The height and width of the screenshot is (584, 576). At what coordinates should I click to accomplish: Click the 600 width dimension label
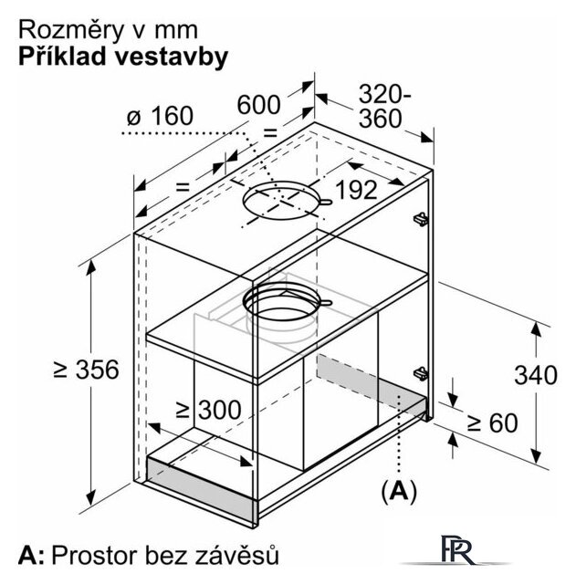point(258,105)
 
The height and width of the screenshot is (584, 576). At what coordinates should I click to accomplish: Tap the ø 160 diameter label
point(161,116)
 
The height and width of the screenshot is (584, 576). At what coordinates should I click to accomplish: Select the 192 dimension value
point(356,190)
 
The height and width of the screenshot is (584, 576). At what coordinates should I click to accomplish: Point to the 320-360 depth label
point(384,106)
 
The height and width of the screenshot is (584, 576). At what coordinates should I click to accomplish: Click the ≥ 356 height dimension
point(86,370)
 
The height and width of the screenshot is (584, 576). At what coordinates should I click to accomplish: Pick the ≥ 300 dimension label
point(209,410)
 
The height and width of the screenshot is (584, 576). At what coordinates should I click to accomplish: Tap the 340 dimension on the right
point(536,375)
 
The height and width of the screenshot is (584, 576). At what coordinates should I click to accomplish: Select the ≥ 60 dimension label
point(492,422)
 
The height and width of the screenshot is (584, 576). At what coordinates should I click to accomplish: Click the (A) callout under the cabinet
point(399,491)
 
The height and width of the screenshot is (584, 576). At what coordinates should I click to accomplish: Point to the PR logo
point(457,549)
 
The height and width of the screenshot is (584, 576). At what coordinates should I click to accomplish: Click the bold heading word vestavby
point(171,57)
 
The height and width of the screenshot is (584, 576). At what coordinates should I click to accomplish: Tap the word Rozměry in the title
point(71,30)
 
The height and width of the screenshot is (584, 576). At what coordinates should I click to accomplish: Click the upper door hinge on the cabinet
point(420,219)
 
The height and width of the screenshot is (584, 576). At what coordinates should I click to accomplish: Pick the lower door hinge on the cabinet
point(420,373)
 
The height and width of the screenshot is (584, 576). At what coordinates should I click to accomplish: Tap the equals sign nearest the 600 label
point(270,132)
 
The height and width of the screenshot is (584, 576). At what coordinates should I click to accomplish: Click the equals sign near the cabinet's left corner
point(183,186)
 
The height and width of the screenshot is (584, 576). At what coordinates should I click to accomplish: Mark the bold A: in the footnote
point(31,556)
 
